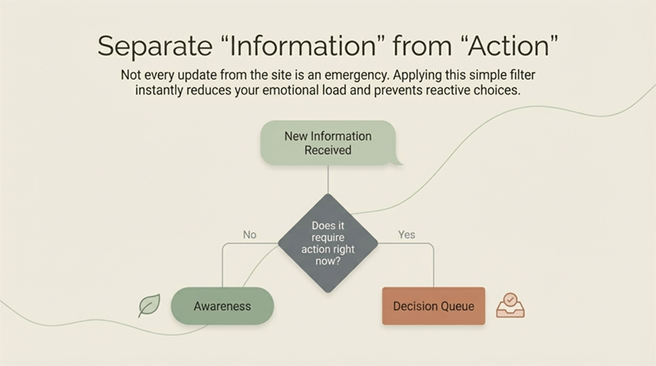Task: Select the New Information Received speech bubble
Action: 328,143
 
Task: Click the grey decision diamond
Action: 328,243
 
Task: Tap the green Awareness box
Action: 222,307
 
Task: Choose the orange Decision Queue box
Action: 434,307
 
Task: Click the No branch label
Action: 249,235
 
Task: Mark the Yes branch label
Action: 407,235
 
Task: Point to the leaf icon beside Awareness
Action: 149,306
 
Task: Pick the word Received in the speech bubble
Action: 328,151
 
